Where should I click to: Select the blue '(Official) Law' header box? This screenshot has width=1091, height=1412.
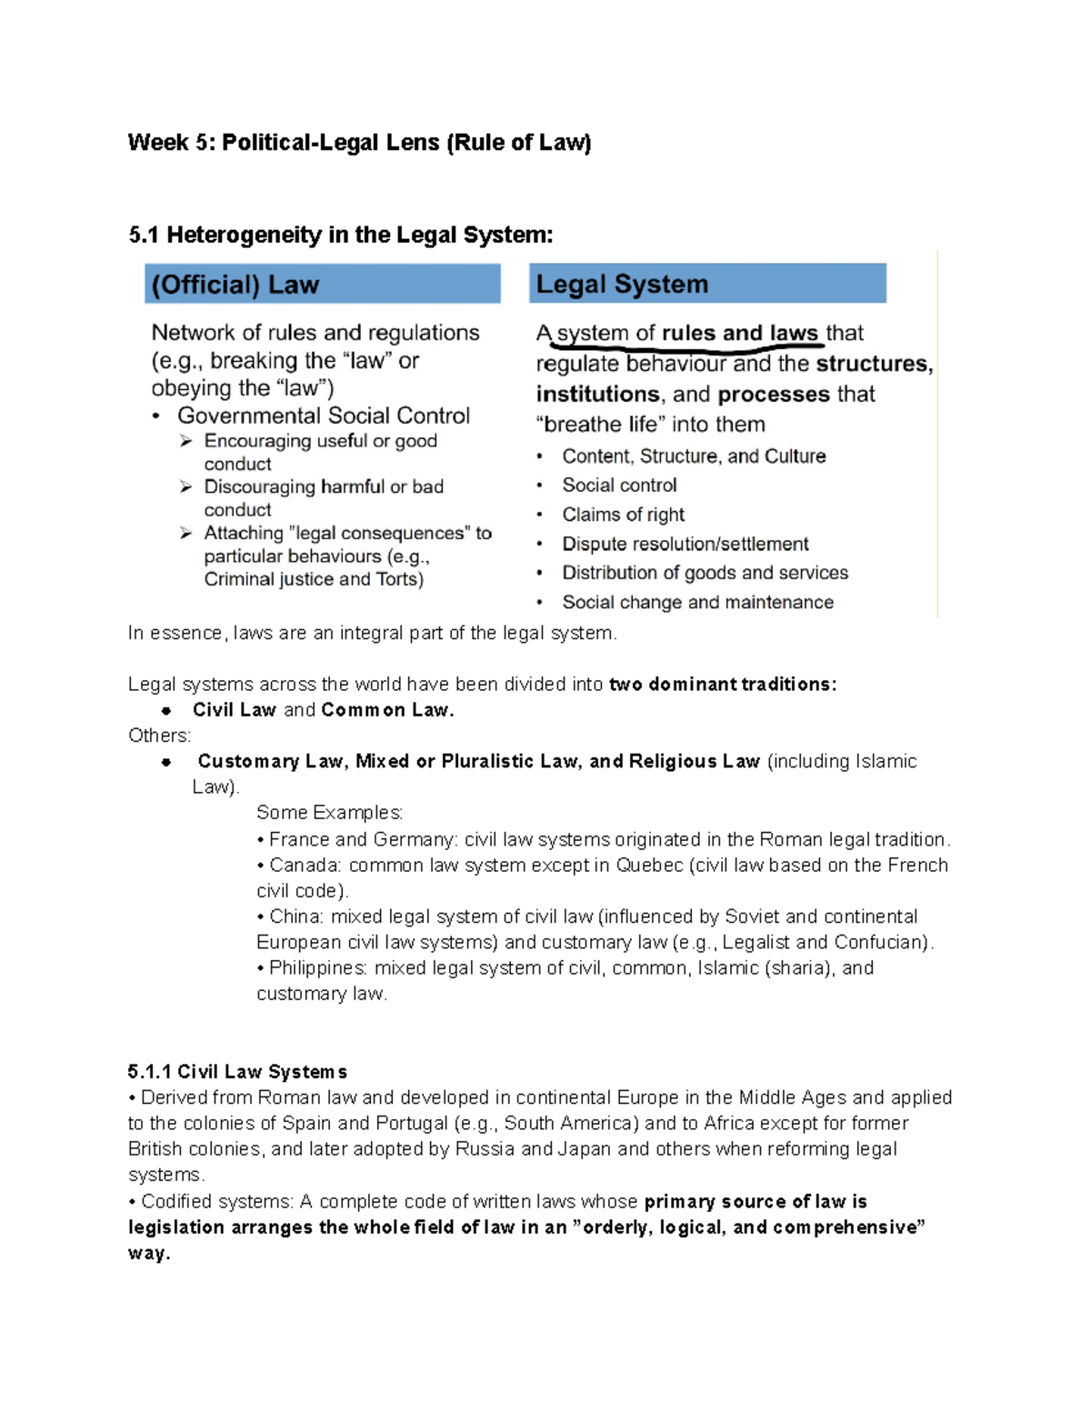click(322, 284)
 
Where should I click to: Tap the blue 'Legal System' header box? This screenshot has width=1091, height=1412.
click(707, 284)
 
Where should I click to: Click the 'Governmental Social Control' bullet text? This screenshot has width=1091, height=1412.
click(323, 416)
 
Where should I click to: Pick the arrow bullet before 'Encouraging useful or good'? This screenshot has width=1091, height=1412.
click(186, 441)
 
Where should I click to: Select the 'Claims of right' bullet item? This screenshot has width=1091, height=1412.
click(623, 515)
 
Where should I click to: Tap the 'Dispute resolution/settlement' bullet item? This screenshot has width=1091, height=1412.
click(685, 544)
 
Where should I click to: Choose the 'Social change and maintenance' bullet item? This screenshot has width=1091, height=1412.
click(697, 602)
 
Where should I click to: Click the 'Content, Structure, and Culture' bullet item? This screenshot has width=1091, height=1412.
click(694, 456)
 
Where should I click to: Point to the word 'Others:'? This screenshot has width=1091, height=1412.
click(160, 736)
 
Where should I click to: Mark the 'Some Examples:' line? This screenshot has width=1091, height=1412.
click(329, 812)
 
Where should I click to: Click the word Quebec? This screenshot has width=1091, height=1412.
click(649, 865)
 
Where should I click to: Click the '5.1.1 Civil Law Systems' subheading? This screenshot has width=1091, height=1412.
click(237, 1072)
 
